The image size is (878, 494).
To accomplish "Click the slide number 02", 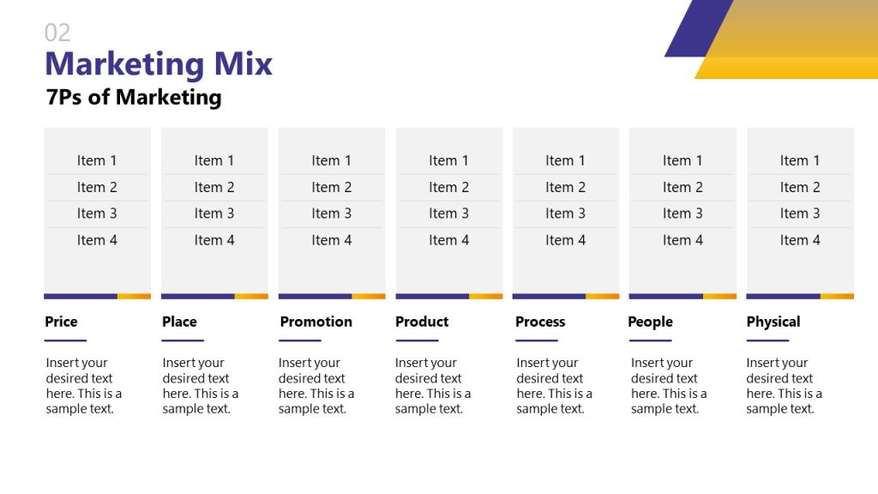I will [57, 33].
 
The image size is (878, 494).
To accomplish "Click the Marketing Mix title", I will [159, 64].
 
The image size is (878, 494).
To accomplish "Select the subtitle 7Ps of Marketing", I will [134, 97].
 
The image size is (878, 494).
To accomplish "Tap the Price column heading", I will [61, 322].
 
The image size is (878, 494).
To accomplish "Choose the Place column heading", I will [179, 322].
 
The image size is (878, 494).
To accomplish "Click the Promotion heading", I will [316, 322].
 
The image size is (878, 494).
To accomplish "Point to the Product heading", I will [422, 322].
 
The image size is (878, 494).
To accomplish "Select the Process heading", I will [540, 322].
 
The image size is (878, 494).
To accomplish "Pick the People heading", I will [650, 322].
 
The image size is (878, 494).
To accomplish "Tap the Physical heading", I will [773, 322].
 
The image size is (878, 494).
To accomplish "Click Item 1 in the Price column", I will [97, 160].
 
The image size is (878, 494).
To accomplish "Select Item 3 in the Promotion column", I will [331, 214].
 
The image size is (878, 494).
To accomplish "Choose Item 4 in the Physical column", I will [800, 240].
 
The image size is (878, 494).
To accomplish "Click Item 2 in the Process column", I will [565, 187].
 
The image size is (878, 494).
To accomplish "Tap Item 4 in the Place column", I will [214, 240].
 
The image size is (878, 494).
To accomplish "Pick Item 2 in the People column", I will [683, 187].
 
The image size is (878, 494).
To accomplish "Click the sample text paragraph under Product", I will [432, 386].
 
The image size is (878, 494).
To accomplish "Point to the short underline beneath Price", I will [65, 340].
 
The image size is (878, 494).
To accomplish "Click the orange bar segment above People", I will [719, 296].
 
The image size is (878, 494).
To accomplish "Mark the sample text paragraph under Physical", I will [784, 386].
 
